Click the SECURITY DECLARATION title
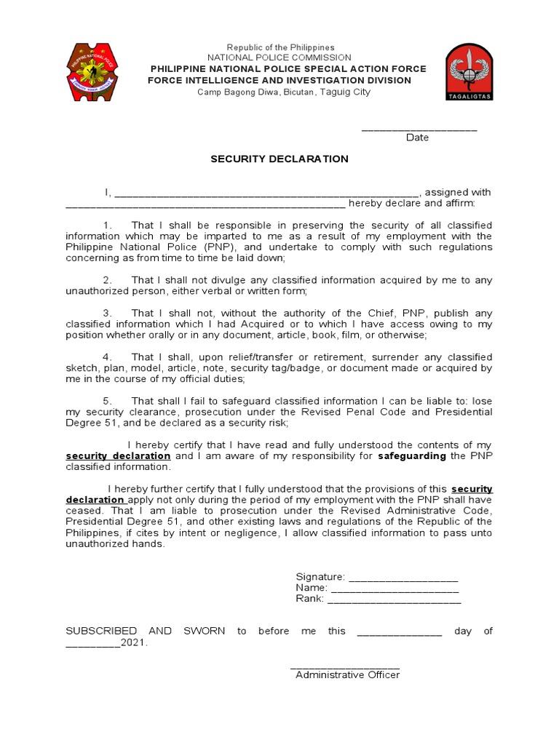(279, 159)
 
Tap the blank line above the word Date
(419, 129)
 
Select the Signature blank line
(403, 578)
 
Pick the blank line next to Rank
(394, 601)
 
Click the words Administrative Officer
(347, 675)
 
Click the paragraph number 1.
(106, 226)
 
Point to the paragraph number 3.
(106, 313)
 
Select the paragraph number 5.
(106, 401)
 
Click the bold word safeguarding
(413, 456)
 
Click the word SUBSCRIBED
(101, 632)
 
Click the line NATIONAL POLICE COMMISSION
(279, 57)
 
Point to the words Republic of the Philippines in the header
(279, 47)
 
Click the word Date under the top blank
(417, 138)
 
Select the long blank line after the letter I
(266, 194)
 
